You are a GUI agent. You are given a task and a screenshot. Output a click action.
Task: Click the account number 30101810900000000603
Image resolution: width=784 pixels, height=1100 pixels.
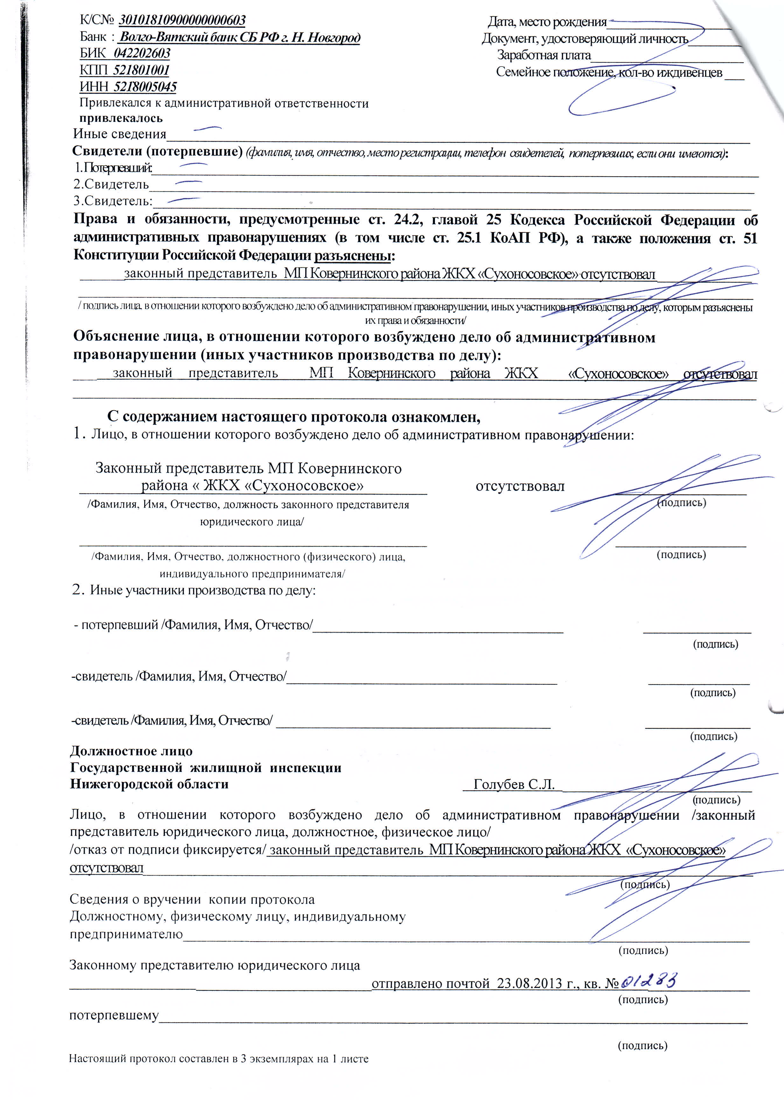pos(182,21)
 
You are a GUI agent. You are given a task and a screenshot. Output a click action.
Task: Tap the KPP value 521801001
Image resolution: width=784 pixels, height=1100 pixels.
pos(141,70)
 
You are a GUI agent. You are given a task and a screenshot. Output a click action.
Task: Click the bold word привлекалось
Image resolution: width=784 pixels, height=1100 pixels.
pos(121,118)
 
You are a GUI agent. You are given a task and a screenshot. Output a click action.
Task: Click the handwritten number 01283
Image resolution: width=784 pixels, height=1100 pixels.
pos(648,981)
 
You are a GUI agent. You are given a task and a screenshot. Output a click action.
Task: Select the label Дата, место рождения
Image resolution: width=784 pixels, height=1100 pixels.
pos(547,22)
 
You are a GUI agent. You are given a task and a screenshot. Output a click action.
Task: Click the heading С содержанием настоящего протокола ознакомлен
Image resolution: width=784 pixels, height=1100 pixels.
pos(293,416)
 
